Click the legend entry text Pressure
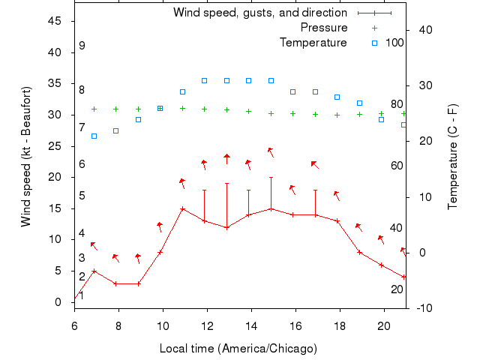(x=324, y=28)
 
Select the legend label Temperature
(x=313, y=42)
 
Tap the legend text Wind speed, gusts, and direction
(x=260, y=13)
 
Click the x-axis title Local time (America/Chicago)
(x=238, y=349)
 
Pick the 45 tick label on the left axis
(x=55, y=21)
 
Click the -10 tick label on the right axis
(x=424, y=308)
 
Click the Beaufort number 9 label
(x=82, y=46)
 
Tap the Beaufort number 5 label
(x=82, y=196)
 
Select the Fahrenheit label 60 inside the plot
(x=397, y=166)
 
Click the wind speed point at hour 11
(x=182, y=208)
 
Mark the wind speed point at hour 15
(x=271, y=208)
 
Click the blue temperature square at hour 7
(x=94, y=136)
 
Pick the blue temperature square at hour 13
(x=226, y=80)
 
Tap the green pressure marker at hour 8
(x=116, y=109)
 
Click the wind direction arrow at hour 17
(x=315, y=164)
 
